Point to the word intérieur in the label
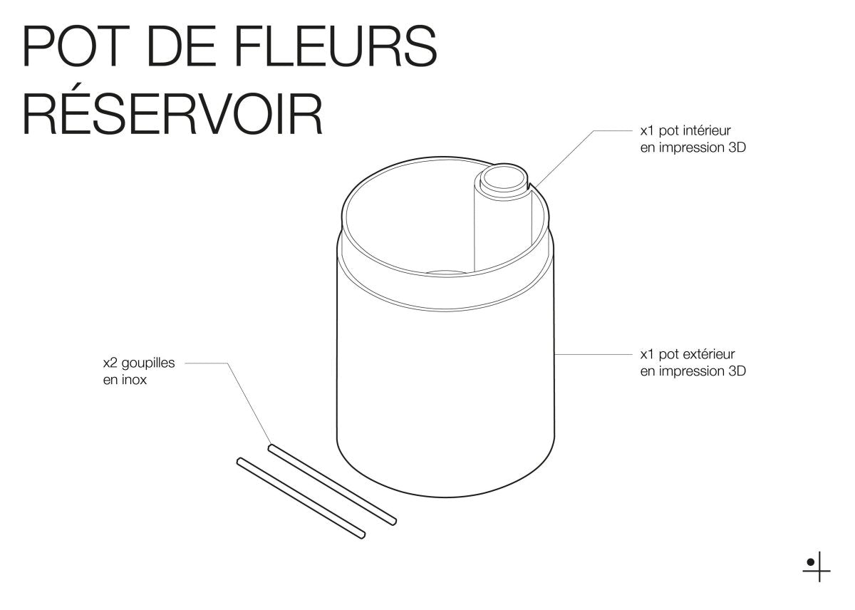[708, 131]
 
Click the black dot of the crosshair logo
[811, 562]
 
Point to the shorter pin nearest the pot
[332, 485]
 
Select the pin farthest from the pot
[301, 497]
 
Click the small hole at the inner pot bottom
[446, 272]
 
